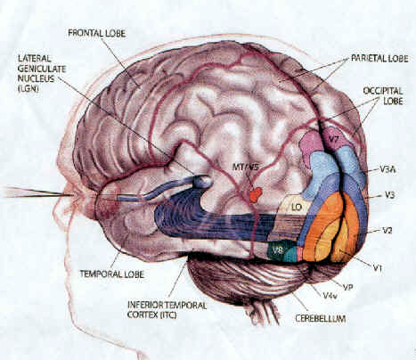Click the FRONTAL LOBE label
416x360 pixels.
(x=97, y=33)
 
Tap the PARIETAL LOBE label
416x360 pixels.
(x=379, y=58)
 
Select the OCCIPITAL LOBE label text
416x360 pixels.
(x=383, y=95)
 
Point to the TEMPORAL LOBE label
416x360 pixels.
(x=112, y=274)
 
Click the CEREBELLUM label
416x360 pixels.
(x=321, y=319)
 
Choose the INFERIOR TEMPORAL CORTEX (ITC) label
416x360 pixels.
(x=167, y=310)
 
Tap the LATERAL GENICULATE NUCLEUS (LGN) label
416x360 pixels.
(x=42, y=73)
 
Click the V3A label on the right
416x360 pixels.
(x=388, y=170)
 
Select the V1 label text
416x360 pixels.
(x=377, y=268)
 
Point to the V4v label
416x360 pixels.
(x=330, y=296)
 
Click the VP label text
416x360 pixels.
(x=347, y=287)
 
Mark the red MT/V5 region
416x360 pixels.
(x=256, y=194)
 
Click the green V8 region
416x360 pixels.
(x=278, y=250)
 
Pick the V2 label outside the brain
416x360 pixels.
(x=387, y=230)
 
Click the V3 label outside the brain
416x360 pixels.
(x=389, y=195)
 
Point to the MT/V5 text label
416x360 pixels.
(x=246, y=168)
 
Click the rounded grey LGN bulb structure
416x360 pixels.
(x=202, y=181)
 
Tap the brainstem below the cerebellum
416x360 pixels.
(x=260, y=314)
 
